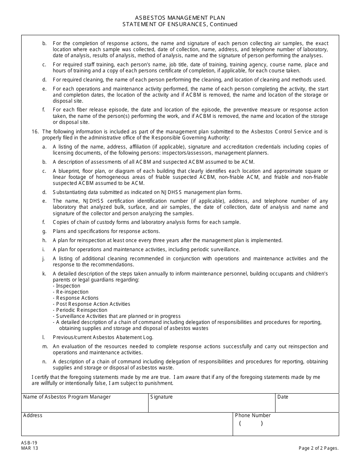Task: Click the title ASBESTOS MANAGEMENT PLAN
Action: point(180,18)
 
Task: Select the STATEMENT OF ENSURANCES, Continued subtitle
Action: point(180,24)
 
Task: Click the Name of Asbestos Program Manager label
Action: point(67,397)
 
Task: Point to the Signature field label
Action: point(161,397)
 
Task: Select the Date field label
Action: point(283,397)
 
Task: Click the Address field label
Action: point(33,416)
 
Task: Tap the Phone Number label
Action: point(253,416)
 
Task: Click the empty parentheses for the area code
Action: point(250,424)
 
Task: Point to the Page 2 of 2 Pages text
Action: point(318,448)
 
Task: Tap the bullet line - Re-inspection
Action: point(70,292)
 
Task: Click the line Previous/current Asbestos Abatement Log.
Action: point(103,338)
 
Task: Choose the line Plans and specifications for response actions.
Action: point(106,231)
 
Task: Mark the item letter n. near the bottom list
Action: point(45,362)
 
